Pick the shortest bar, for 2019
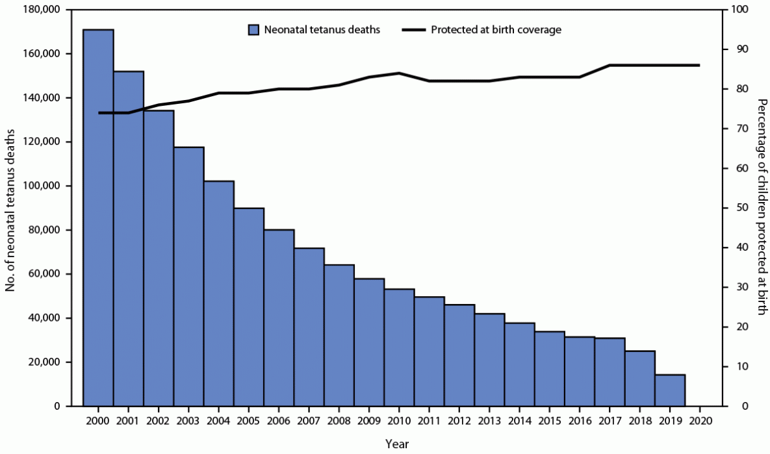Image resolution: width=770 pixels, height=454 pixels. pyautogui.click(x=670, y=390)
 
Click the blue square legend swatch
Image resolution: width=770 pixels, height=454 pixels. pyautogui.click(x=254, y=30)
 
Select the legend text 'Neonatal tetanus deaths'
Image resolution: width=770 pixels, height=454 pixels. pyautogui.click(x=322, y=30)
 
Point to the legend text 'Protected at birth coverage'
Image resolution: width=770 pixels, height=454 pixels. pyautogui.click(x=496, y=30)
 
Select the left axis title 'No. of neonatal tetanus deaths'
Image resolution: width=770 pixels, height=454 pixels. pyautogui.click(x=12, y=208)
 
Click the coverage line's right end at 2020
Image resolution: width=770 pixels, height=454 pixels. pyautogui.click(x=699, y=65)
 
